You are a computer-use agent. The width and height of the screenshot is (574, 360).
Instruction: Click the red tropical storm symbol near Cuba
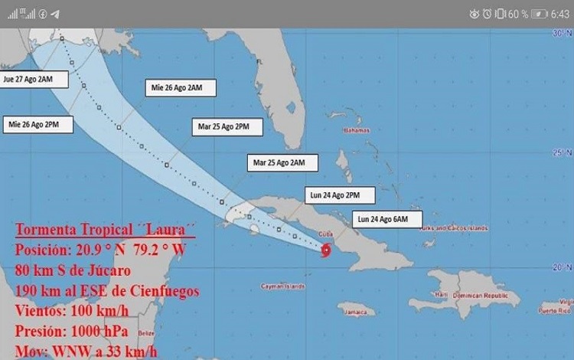click(x=328, y=250)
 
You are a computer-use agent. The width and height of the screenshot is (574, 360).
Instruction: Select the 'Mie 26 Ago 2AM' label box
click(x=181, y=88)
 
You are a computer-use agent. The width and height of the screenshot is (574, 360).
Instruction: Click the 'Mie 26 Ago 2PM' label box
click(x=40, y=124)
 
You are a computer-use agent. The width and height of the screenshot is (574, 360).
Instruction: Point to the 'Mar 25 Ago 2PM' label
click(x=227, y=126)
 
